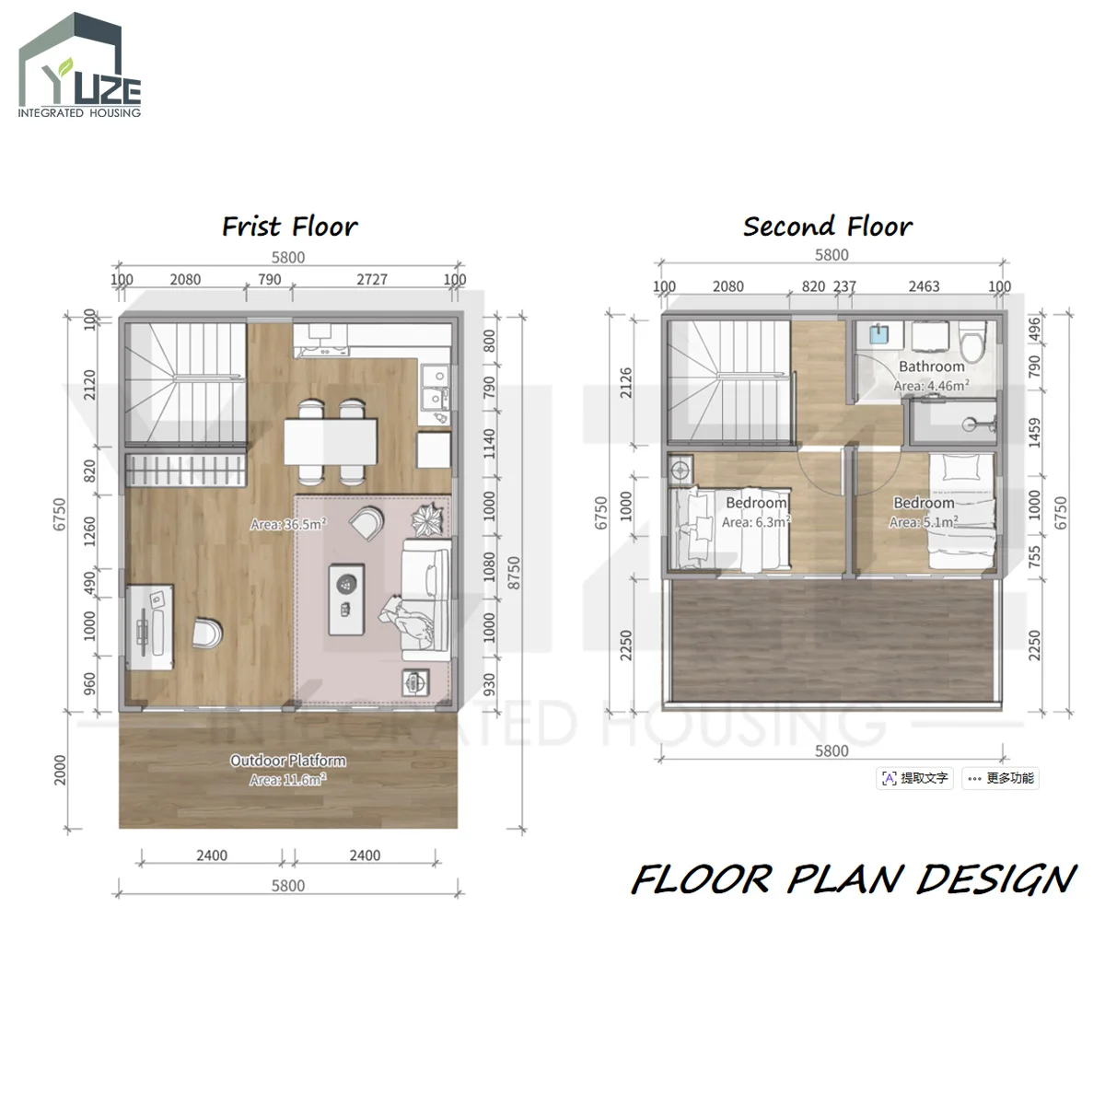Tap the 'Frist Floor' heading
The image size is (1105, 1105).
289,227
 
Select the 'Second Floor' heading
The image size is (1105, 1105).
828,227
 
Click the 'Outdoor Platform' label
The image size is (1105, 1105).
288,761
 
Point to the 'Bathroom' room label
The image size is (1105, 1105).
931,366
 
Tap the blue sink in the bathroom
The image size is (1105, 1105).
878,334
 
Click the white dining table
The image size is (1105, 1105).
331,442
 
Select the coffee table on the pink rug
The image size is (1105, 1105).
346,599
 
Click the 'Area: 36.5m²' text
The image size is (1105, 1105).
288,524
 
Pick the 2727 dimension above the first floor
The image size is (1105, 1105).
372,279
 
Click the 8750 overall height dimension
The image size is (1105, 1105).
514,572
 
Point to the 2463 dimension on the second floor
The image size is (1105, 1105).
924,286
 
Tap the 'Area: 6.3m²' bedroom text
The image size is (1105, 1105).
756,522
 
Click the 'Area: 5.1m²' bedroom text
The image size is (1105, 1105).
924,522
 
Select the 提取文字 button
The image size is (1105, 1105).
914,778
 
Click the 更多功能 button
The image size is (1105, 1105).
1000,778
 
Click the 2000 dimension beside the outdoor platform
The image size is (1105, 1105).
60,770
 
